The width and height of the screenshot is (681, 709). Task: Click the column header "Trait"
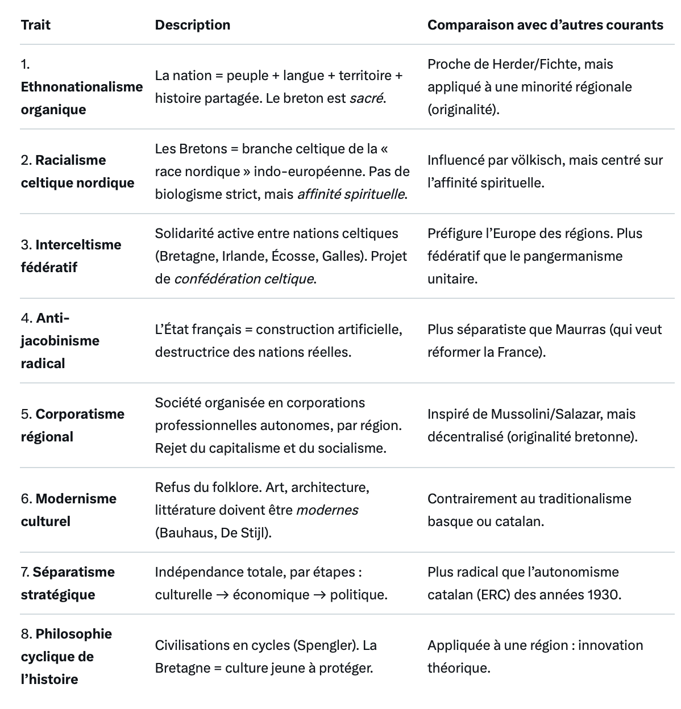(35, 25)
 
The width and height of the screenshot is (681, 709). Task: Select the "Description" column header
(192, 25)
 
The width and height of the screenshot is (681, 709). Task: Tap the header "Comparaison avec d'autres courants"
(545, 25)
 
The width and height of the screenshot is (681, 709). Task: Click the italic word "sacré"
(366, 98)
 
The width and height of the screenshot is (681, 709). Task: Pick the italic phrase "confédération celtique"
(244, 279)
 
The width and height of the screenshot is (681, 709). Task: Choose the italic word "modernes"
(327, 510)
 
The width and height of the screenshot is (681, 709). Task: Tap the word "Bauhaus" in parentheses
(181, 533)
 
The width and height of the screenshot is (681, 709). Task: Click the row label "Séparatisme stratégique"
(68, 583)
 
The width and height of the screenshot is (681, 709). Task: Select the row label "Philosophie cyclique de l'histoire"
(67, 657)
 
